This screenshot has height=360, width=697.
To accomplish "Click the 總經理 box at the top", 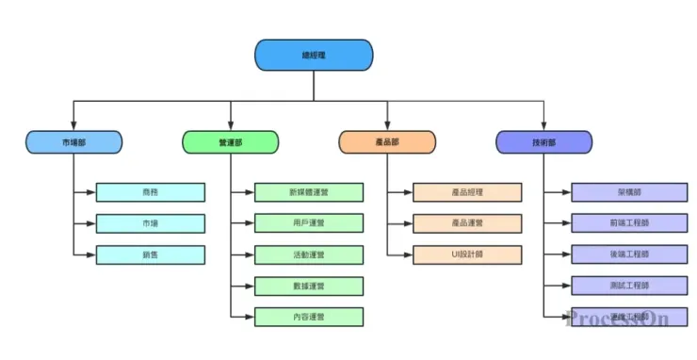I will click(314, 55).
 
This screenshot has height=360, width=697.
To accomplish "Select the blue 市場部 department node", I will click(73, 142).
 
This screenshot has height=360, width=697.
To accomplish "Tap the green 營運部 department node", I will click(230, 142).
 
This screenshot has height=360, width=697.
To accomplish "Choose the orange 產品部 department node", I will click(387, 142).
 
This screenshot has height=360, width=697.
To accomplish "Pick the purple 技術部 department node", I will click(543, 142).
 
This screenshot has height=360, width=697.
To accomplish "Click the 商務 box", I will click(150, 192).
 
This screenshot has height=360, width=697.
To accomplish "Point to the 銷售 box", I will click(150, 254).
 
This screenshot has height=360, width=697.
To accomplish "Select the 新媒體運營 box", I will click(308, 192).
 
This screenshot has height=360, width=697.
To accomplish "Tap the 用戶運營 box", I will click(308, 223).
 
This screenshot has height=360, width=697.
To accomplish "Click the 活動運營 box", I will click(308, 254).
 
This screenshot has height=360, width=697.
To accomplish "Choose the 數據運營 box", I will click(308, 286).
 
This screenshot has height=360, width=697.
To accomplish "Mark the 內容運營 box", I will click(308, 317).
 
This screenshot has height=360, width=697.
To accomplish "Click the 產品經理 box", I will click(466, 192).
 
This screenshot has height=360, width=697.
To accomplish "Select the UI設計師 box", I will click(466, 254).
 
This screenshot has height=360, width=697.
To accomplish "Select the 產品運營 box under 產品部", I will click(466, 223).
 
